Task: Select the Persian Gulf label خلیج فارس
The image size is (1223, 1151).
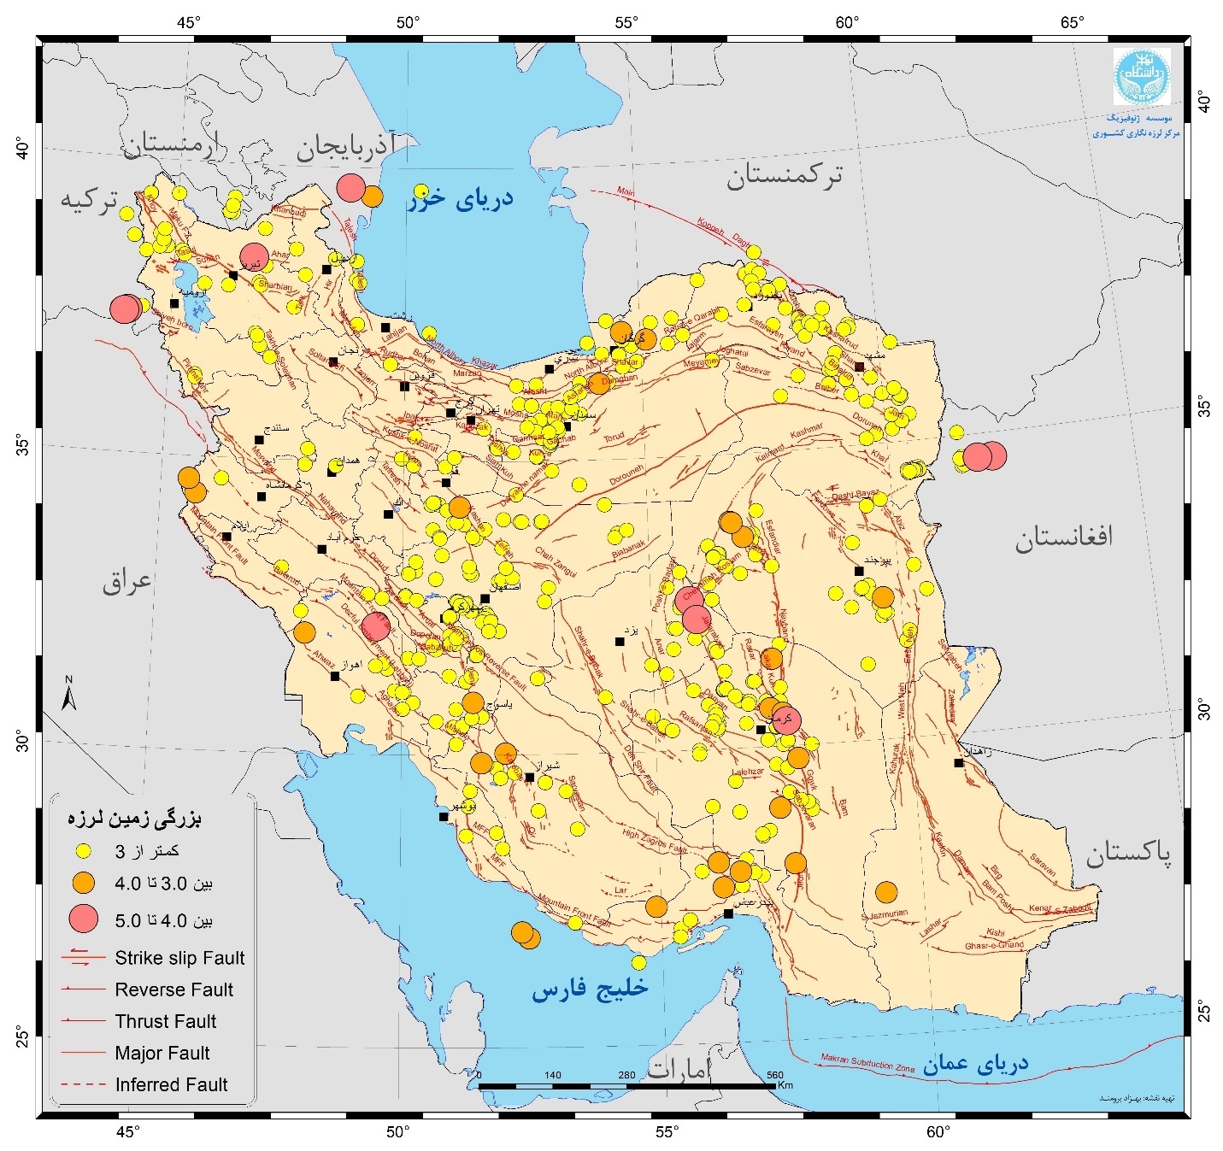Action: tap(590, 989)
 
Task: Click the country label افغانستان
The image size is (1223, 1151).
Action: tap(1064, 537)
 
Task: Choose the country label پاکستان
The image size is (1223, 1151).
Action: tap(1128, 853)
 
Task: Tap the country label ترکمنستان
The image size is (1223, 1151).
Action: tap(784, 175)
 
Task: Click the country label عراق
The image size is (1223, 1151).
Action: tap(127, 581)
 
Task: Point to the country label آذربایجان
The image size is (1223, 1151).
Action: tap(345, 147)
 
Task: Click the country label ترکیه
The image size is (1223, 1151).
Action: tap(88, 199)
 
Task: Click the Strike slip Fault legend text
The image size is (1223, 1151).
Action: tap(179, 958)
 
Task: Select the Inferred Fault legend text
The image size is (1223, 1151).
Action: tap(171, 1084)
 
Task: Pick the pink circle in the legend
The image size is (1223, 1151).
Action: tap(83, 919)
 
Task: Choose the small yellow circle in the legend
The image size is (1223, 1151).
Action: tap(83, 851)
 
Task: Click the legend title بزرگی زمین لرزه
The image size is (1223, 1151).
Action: tap(134, 819)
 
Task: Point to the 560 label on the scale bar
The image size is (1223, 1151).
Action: tap(774, 1075)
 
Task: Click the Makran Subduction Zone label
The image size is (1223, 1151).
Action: tap(867, 1063)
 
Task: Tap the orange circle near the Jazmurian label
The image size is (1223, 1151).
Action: tap(886, 892)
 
